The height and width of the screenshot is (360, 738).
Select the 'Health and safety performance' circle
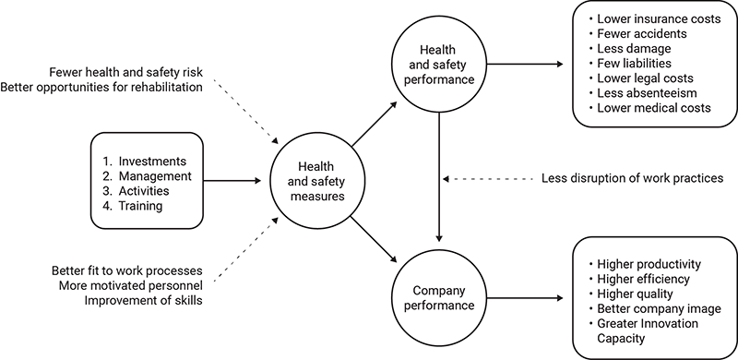pyautogui.click(x=440, y=65)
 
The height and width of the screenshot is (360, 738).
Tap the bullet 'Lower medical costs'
pyautogui.click(x=654, y=108)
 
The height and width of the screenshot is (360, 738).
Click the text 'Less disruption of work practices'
pyautogui.click(x=631, y=177)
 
